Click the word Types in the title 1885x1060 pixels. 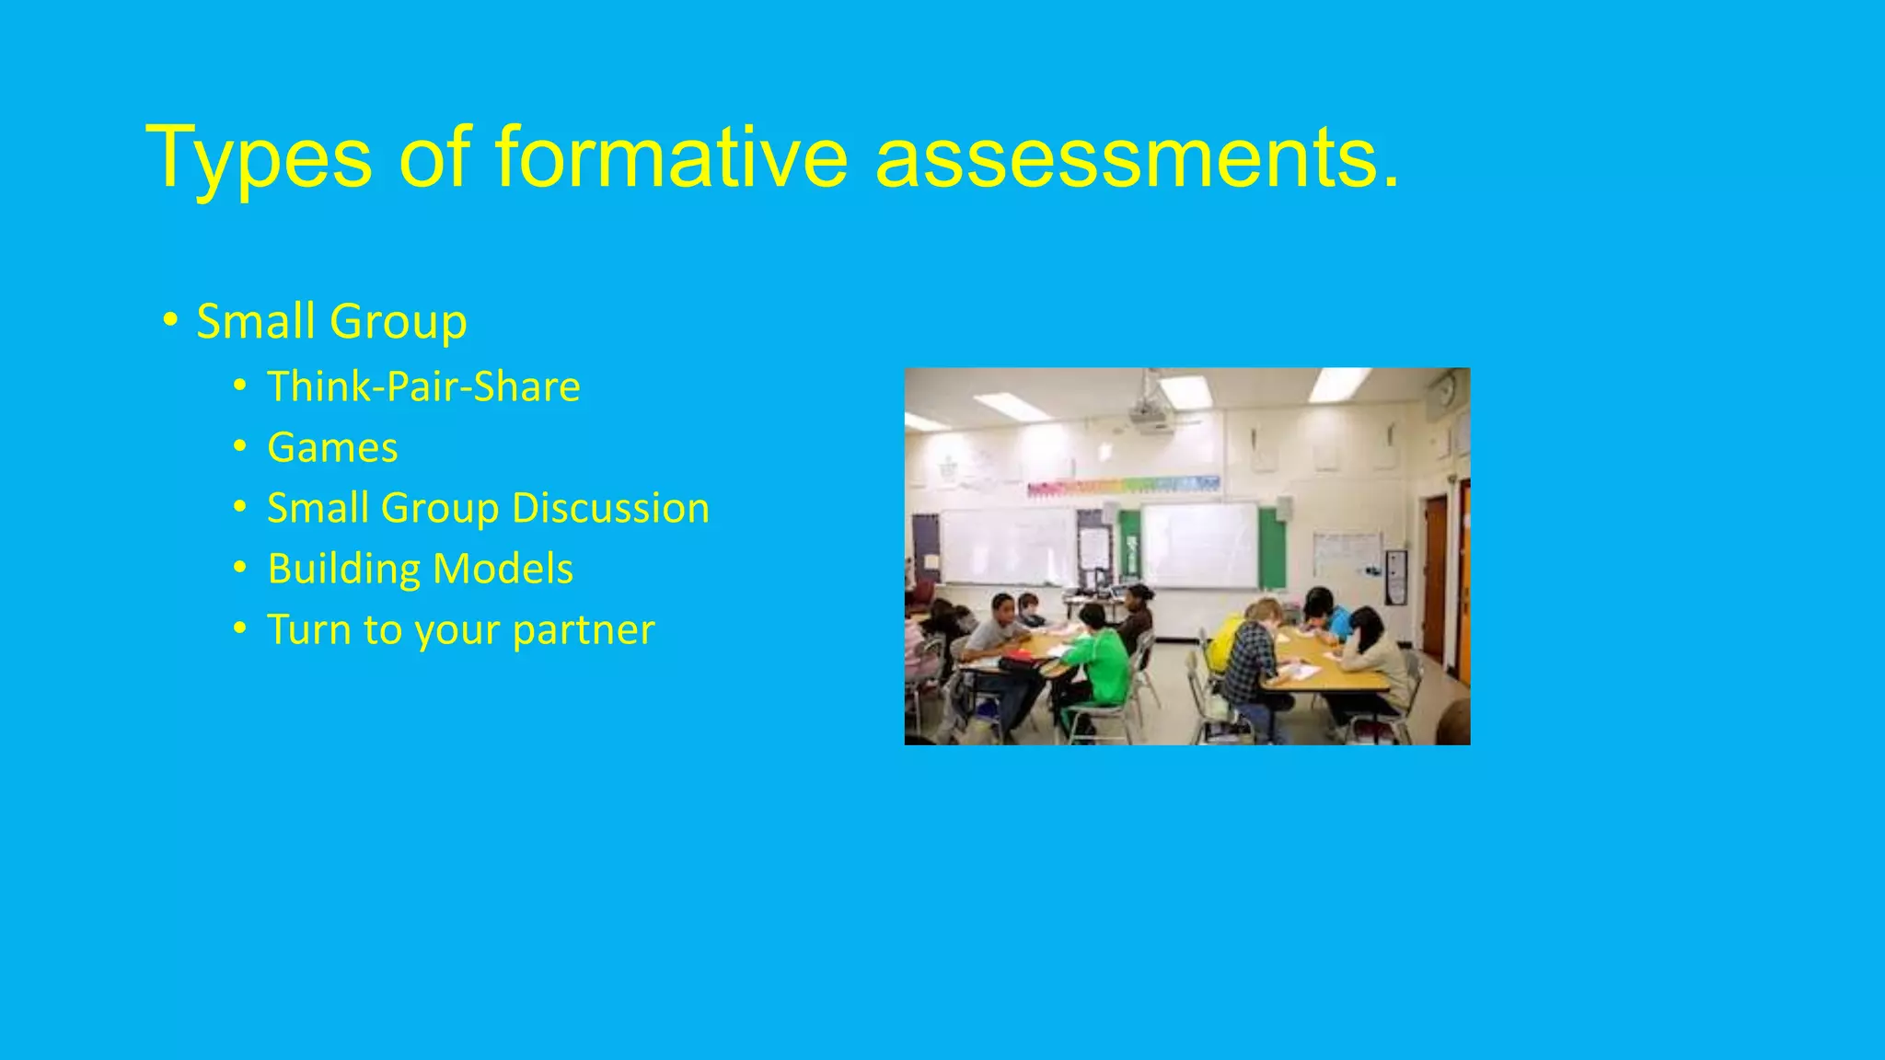[x=259, y=158]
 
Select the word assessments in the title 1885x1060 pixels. [x=1137, y=158]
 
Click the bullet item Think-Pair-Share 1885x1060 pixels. [x=423, y=386]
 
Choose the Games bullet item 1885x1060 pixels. [x=332, y=448]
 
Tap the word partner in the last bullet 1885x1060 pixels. [x=583, y=630]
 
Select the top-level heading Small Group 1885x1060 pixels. [x=331, y=322]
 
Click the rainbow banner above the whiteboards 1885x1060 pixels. [x=1123, y=485]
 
